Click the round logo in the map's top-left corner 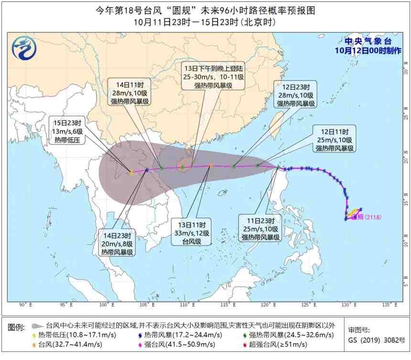22,49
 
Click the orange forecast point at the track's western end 131,173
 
